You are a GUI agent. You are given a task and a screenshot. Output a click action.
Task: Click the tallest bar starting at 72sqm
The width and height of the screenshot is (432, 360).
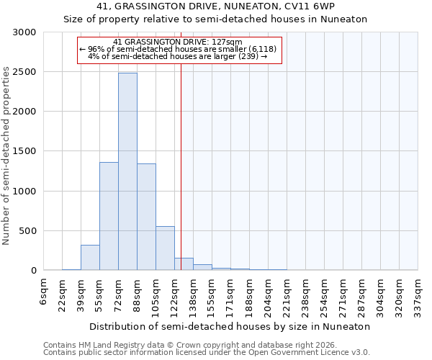tap(127, 171)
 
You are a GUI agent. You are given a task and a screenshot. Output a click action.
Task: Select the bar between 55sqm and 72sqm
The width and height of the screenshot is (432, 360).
tap(109, 216)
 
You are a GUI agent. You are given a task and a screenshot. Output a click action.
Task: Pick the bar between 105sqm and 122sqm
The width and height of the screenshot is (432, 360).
tap(165, 248)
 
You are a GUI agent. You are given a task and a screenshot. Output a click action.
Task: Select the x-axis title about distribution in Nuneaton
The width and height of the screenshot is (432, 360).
tap(230, 326)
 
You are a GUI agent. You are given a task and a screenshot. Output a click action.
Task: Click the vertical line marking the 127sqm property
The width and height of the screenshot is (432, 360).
tap(181, 166)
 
